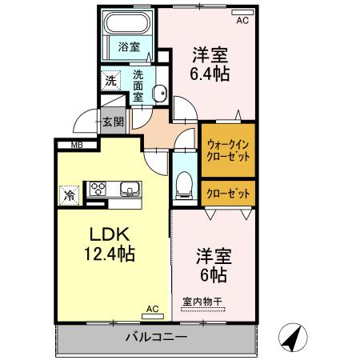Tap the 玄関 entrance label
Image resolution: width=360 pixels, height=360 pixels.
112,122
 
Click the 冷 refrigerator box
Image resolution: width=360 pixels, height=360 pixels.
70,193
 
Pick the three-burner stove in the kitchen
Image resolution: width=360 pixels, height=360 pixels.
98,189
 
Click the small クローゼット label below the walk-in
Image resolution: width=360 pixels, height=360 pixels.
228,192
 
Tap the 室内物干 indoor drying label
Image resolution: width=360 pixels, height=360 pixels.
205,302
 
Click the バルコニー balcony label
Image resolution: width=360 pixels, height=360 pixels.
156,337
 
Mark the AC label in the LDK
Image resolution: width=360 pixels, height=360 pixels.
152,307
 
